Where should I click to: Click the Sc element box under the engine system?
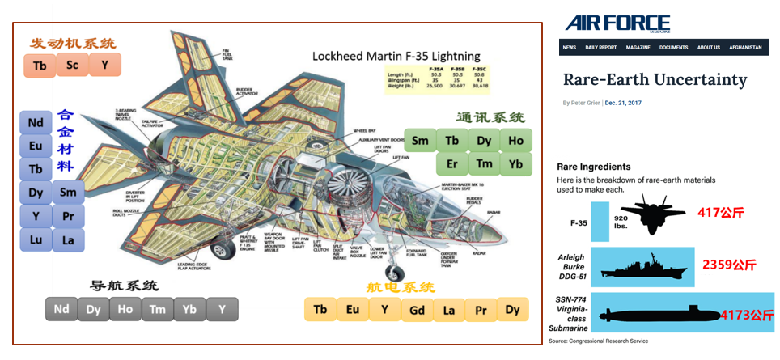[x=73, y=65]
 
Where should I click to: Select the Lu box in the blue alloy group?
[x=36, y=240]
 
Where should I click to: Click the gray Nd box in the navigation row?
[x=61, y=309]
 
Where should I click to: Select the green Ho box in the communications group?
[x=515, y=141]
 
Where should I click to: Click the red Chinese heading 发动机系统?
[x=72, y=43]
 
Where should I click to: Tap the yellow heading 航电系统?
[x=401, y=286]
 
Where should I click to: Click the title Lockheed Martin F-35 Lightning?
[x=396, y=56]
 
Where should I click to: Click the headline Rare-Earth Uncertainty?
[x=655, y=79]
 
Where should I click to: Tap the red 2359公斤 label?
[x=729, y=265]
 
